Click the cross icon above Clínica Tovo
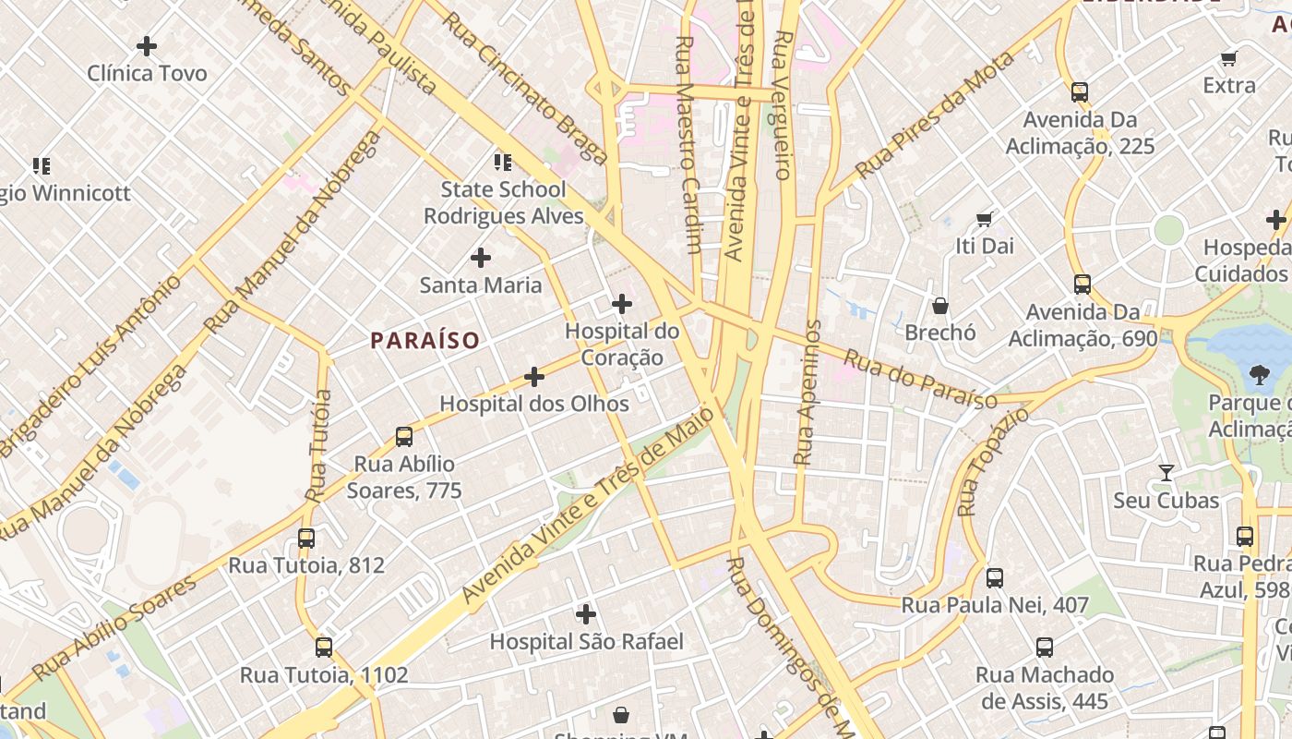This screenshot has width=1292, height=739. click(x=146, y=45)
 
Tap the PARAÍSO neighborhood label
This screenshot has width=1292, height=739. click(x=425, y=341)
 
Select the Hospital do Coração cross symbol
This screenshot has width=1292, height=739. click(x=622, y=303)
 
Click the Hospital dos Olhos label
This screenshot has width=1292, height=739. click(x=534, y=404)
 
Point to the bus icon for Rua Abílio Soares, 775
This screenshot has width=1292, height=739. click(x=404, y=436)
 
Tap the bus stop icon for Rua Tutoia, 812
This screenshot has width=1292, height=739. click(x=306, y=538)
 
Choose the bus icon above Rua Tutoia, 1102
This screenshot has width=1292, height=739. click(x=323, y=647)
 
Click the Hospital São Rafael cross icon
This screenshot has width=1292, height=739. click(x=586, y=613)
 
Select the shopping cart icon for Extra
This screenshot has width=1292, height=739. click(x=1228, y=59)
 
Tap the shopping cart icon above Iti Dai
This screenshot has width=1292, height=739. click(x=985, y=219)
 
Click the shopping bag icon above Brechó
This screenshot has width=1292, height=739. click(x=940, y=305)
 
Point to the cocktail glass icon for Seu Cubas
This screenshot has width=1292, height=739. click(x=1166, y=473)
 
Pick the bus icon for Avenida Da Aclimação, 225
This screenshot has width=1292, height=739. click(x=1080, y=91)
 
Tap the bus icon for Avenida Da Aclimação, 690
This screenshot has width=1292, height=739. click(x=1083, y=284)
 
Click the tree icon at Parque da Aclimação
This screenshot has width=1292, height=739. click(x=1259, y=374)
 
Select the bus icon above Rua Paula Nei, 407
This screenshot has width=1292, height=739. click(x=995, y=577)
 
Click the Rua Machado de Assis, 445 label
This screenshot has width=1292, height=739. click(x=1045, y=687)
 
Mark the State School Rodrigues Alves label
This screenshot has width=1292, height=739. click(x=503, y=202)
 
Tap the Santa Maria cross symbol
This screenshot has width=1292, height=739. click(x=481, y=257)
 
